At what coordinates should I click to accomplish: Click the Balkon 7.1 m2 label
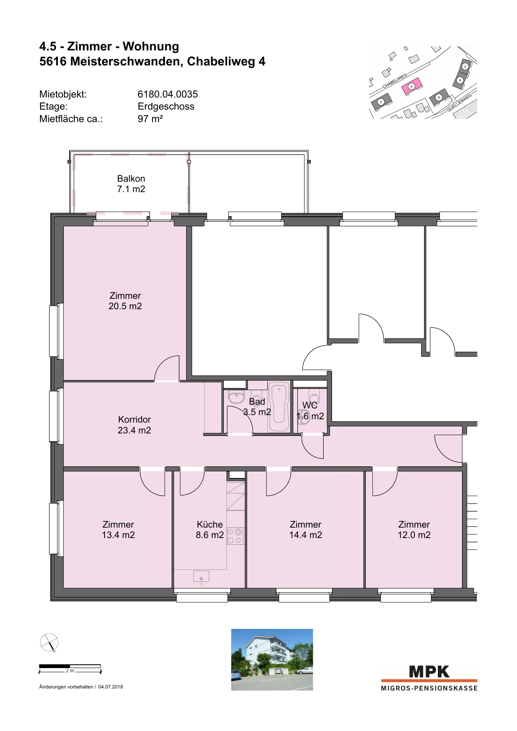[131, 184]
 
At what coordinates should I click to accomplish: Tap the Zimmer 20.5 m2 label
[125, 301]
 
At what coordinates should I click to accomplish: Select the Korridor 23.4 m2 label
[134, 425]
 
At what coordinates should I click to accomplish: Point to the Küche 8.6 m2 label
[210, 530]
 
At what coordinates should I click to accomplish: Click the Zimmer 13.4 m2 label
[118, 530]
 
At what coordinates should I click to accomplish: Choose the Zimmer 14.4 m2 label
[306, 530]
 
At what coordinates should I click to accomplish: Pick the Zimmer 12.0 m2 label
[414, 530]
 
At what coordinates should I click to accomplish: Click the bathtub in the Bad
[279, 407]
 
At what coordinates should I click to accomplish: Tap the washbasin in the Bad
[237, 397]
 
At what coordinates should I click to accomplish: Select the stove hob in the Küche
[235, 536]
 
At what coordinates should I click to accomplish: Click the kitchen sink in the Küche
[201, 577]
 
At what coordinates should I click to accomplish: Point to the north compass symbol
[49, 643]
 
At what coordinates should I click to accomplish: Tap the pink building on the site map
[412, 87]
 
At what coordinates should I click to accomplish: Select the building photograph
[272, 660]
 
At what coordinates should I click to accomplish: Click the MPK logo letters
[430, 672]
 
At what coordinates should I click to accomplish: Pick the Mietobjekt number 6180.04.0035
[168, 94]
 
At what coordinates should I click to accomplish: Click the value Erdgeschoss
[166, 107]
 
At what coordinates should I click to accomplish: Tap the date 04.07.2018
[111, 687]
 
